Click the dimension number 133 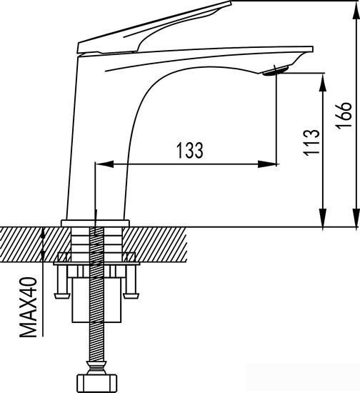pos(187,151)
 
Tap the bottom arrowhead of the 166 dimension pos(356,220)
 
